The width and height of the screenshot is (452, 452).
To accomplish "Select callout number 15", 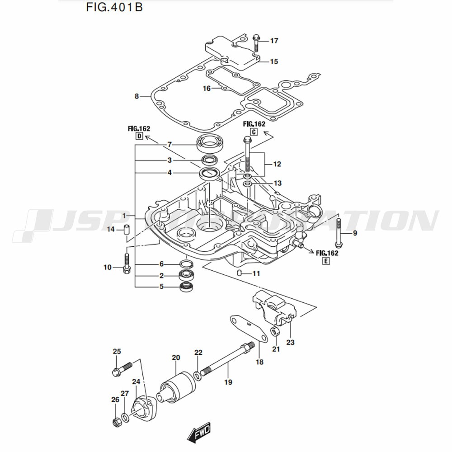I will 274,61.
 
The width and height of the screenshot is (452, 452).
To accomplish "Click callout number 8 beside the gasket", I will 137,96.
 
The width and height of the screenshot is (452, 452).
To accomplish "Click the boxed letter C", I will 254,132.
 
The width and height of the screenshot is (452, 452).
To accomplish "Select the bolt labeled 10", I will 127,263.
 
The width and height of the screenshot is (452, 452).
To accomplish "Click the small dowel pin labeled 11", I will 240,273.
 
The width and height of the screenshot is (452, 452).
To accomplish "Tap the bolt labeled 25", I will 120,369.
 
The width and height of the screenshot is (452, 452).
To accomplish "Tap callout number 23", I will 290,342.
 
